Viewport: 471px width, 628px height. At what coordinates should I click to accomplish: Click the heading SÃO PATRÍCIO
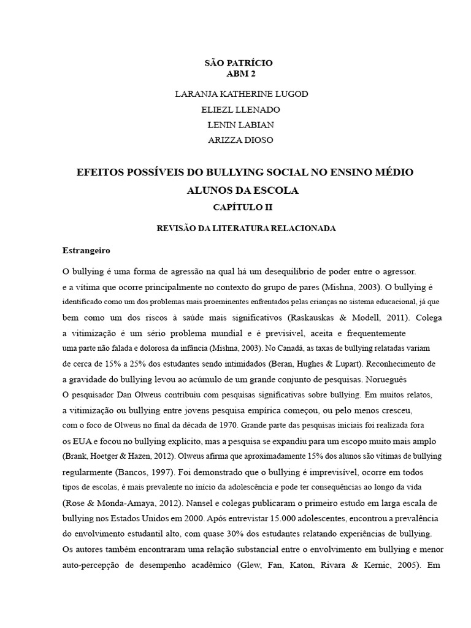point(238,63)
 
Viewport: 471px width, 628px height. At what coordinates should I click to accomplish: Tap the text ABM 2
point(241,74)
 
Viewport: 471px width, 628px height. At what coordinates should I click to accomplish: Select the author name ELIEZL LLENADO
point(240,109)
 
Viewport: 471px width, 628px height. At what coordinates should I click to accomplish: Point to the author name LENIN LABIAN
point(240,124)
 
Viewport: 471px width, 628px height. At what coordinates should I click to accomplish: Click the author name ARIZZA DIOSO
point(240,140)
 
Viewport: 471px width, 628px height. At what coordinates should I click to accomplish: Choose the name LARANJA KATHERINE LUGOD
point(241,94)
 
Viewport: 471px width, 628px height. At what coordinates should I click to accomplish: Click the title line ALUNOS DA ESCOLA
point(242,191)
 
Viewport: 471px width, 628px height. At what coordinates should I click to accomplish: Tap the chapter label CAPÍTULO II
point(242,207)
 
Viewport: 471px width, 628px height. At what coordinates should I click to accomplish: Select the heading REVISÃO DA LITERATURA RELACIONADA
point(247,228)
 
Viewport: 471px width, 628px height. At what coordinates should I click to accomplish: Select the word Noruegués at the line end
point(386,379)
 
